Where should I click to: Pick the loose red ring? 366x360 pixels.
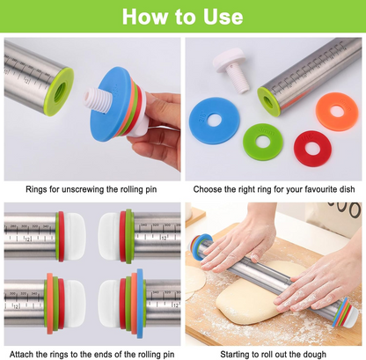coord(312,148)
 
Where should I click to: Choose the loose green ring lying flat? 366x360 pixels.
coord(262,141)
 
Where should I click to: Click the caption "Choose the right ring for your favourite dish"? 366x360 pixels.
coord(274,188)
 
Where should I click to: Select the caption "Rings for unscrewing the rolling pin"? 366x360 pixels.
coord(91,188)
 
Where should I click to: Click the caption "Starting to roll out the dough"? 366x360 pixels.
coord(274,351)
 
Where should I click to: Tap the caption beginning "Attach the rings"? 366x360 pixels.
coord(91,351)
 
